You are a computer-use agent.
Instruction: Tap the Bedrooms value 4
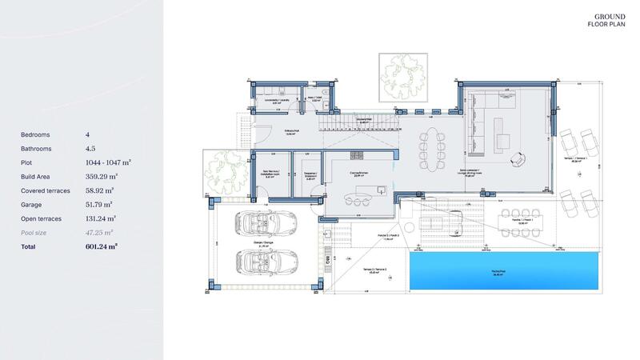(87, 134)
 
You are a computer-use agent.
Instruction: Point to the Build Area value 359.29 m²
(102, 176)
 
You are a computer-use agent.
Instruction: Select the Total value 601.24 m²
(102, 246)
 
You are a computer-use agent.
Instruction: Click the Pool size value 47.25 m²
(100, 232)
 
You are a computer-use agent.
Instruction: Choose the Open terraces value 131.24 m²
(102, 218)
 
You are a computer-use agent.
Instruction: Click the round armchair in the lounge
(519, 162)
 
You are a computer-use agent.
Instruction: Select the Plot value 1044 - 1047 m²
(108, 162)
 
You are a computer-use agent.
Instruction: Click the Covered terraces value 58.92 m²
(100, 190)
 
